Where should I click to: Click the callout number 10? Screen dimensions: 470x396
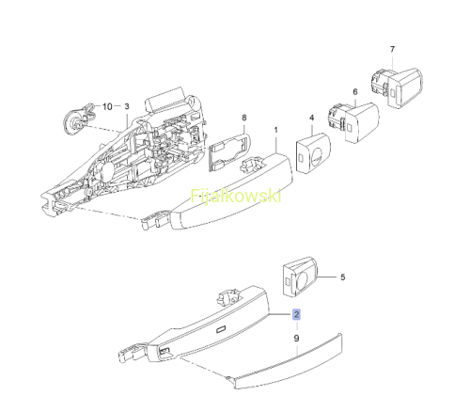107,106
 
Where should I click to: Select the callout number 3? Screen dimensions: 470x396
127,106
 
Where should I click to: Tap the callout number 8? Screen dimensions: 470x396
244,118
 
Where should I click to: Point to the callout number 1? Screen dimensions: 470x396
276,130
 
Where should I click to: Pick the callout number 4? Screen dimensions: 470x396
311,118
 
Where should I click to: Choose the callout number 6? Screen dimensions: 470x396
355,92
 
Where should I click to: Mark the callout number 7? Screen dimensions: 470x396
392,49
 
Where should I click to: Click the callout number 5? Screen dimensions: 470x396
343,277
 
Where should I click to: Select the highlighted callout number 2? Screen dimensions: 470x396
296,314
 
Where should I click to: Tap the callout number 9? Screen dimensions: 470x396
296,339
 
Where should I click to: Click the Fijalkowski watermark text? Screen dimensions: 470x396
236,197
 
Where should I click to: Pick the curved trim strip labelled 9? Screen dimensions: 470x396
289,360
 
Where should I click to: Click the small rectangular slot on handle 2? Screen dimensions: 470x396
221,328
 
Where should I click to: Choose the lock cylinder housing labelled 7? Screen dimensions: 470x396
397,87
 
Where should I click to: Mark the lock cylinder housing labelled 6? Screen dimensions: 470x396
353,121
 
